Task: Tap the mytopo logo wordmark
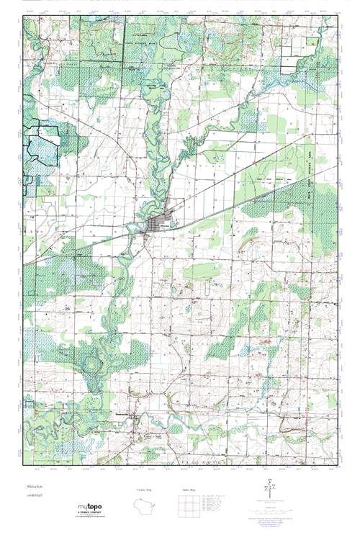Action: coord(90,508)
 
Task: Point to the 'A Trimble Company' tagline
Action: coord(91,513)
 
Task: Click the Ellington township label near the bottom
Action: coord(220,467)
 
